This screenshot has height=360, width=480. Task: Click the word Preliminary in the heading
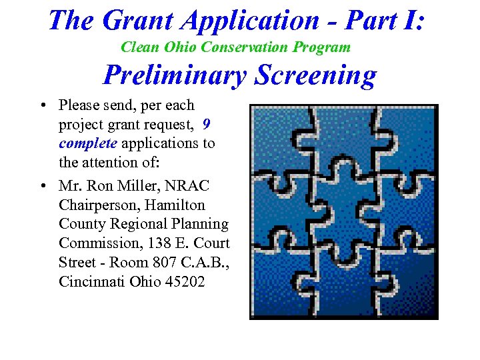175,75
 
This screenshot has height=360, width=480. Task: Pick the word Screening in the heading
315,75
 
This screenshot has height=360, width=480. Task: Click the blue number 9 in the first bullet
207,124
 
